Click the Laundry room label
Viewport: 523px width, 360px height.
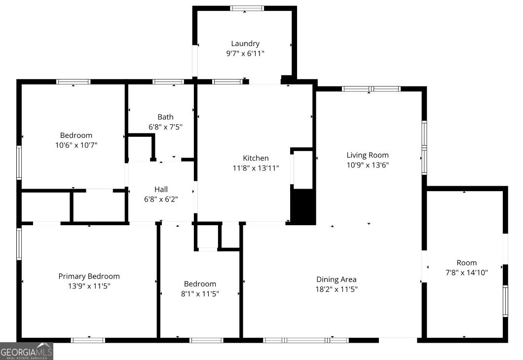(x=245, y=44)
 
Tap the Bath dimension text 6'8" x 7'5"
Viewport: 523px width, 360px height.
(x=165, y=127)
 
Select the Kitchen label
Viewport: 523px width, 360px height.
(x=256, y=159)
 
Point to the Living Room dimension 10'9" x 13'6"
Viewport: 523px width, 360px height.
(x=368, y=165)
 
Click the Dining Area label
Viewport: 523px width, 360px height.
(x=336, y=280)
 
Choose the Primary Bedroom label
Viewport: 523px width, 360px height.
(x=89, y=277)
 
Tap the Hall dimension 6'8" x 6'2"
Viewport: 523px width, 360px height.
(x=161, y=200)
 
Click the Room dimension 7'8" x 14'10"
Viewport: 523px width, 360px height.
(x=467, y=273)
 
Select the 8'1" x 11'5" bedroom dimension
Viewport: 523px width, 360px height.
(x=200, y=294)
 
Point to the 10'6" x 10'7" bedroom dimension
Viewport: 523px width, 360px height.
(x=76, y=145)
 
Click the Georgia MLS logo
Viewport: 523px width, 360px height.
(x=26, y=351)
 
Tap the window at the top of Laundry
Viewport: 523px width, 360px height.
(x=247, y=8)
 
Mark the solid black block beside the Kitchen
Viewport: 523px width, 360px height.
(x=303, y=206)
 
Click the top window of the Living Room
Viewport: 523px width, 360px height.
(x=371, y=89)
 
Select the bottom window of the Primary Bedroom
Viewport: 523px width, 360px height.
(x=88, y=340)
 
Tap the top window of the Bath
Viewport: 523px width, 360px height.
(x=168, y=82)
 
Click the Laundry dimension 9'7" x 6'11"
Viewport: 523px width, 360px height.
(x=245, y=53)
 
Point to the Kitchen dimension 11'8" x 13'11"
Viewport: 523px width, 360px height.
(x=256, y=168)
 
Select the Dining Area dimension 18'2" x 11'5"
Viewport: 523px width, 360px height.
(x=336, y=289)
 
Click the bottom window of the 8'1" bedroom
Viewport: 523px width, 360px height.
(x=206, y=340)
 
